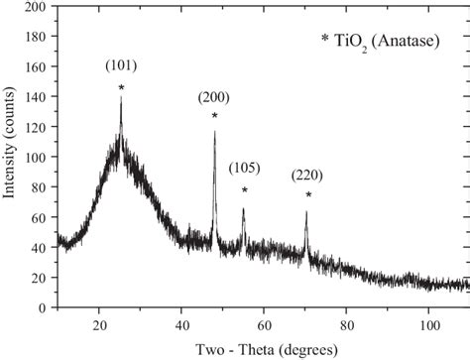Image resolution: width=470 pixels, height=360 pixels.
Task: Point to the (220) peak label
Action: point(307,176)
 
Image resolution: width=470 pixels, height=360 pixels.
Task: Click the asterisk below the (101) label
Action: point(121,88)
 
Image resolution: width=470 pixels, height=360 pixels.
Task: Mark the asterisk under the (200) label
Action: point(214,117)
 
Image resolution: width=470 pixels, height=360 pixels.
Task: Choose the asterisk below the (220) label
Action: point(308,195)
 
